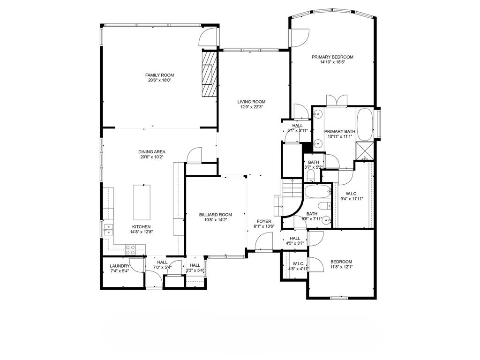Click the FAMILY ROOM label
(x=159, y=75)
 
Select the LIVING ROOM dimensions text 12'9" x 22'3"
(x=251, y=107)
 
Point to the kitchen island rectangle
(x=144, y=202)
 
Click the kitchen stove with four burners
(x=130, y=250)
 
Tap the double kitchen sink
(x=109, y=230)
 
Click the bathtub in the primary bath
(x=364, y=125)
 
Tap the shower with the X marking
(x=365, y=150)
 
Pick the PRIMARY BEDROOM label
(x=332, y=57)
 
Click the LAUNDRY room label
(x=120, y=266)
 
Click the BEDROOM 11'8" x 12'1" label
(x=341, y=262)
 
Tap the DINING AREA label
(x=152, y=152)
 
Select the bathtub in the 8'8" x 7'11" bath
(x=317, y=191)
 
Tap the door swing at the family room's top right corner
(x=209, y=37)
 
